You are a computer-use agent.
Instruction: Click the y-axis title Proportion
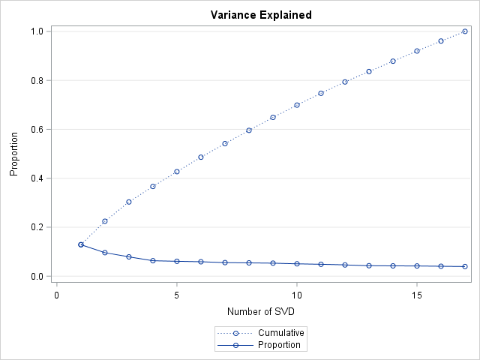[14, 154]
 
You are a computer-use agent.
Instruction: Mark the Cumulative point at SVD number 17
[465, 31]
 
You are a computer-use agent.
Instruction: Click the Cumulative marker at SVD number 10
[297, 105]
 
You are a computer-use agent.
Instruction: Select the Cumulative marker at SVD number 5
[177, 172]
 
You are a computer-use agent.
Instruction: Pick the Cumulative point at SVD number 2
[105, 221]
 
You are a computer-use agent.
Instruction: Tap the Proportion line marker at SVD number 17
[465, 266]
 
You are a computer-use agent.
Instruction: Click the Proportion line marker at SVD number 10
[297, 264]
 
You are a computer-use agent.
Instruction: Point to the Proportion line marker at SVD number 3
[129, 256]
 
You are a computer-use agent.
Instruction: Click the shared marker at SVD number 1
[81, 244]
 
